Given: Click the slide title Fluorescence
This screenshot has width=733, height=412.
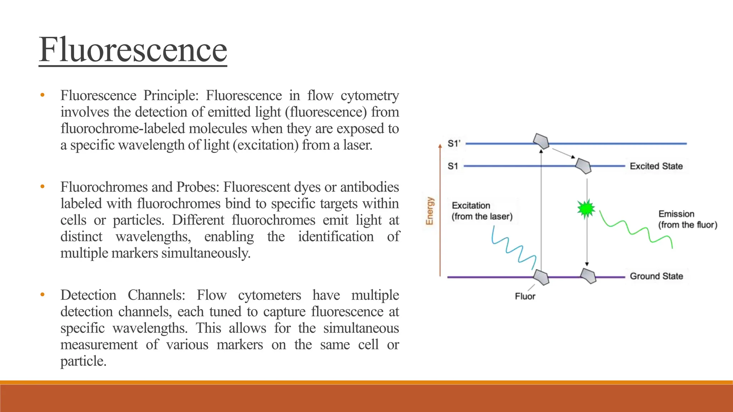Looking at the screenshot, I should pos(133,50).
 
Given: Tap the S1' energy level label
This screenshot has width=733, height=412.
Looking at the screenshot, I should pos(454,144).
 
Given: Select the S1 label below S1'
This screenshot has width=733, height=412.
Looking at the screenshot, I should pos(453,166).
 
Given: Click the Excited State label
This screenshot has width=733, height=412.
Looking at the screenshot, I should pos(656,166).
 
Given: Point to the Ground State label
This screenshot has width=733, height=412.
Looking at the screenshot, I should pos(656,276).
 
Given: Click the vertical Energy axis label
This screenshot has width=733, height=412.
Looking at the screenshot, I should pos(429,211).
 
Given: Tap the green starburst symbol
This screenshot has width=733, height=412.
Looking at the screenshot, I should pos(586,209).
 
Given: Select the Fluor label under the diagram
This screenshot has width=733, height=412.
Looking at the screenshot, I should pos(525,296).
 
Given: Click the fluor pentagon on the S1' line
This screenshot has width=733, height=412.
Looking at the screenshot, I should pos(541,141).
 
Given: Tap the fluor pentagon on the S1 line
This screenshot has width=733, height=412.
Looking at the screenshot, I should pos(583,166).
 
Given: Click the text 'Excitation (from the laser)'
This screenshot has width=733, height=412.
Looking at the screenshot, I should pos(482,211).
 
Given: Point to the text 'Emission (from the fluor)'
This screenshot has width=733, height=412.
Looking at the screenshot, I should pos(688,219).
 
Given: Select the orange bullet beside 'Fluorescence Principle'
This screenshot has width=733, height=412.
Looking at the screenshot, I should pos(43,95).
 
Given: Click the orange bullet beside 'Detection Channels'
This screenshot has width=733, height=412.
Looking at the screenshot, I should pos(43,295).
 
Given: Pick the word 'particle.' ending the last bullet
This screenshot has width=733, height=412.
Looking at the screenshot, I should pos(83,361).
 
